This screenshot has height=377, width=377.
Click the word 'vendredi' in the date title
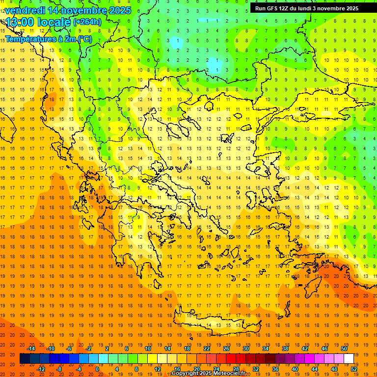(24, 10)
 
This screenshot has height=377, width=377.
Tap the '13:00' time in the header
(21, 22)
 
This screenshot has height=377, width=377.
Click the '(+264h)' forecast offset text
(87, 22)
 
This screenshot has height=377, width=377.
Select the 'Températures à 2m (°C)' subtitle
(48, 38)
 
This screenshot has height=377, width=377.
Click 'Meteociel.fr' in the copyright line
(229, 374)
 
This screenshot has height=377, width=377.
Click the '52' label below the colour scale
(354, 369)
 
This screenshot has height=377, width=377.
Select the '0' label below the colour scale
(97, 369)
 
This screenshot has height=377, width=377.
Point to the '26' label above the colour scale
(226, 349)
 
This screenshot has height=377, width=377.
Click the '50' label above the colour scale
(344, 349)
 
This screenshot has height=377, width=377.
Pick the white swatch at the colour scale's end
(349, 359)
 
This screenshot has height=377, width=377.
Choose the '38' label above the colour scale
(285, 349)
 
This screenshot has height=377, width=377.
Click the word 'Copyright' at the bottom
(185, 374)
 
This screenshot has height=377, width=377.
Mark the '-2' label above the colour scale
(88, 349)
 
